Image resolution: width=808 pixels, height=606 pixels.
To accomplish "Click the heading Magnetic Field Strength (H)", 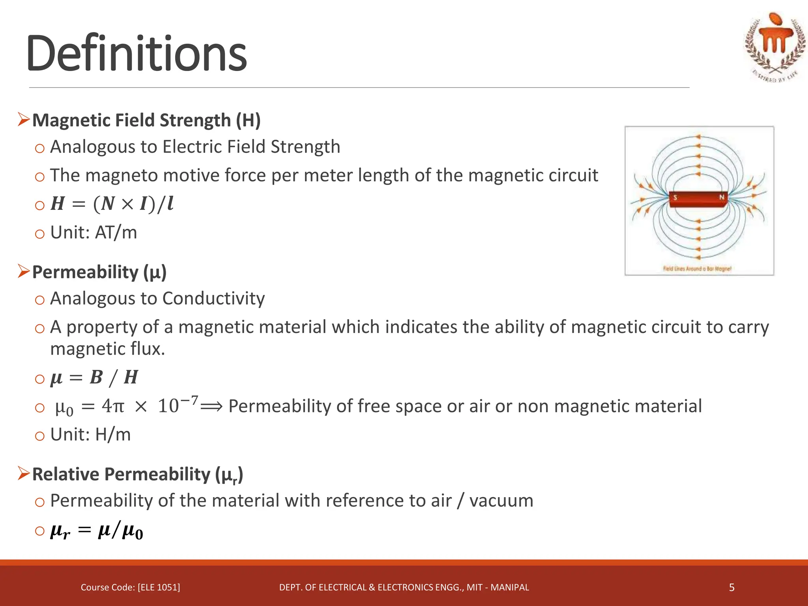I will [x=146, y=120].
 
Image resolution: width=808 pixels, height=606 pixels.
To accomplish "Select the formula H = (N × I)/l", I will [x=112, y=204].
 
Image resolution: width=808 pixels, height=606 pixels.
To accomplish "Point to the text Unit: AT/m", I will [x=94, y=233].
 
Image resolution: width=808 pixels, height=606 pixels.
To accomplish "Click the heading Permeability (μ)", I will [x=99, y=272].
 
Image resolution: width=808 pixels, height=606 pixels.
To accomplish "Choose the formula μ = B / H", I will [x=94, y=378].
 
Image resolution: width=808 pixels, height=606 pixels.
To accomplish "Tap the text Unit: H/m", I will [x=90, y=435].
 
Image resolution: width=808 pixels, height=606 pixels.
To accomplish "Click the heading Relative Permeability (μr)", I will [x=137, y=474].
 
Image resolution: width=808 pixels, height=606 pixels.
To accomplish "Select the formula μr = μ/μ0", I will [x=97, y=531].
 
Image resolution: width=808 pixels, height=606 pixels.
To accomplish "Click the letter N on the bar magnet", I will [x=722, y=197].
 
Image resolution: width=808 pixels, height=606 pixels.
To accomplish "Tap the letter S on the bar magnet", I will [x=675, y=197].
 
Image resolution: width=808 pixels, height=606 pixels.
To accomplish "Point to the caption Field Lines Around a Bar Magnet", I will [x=697, y=269].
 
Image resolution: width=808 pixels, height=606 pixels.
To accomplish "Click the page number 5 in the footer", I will [x=731, y=587].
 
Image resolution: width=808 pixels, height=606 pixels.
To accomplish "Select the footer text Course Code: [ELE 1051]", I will [x=130, y=587].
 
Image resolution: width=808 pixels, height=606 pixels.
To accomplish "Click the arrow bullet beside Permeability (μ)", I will [x=24, y=271].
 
